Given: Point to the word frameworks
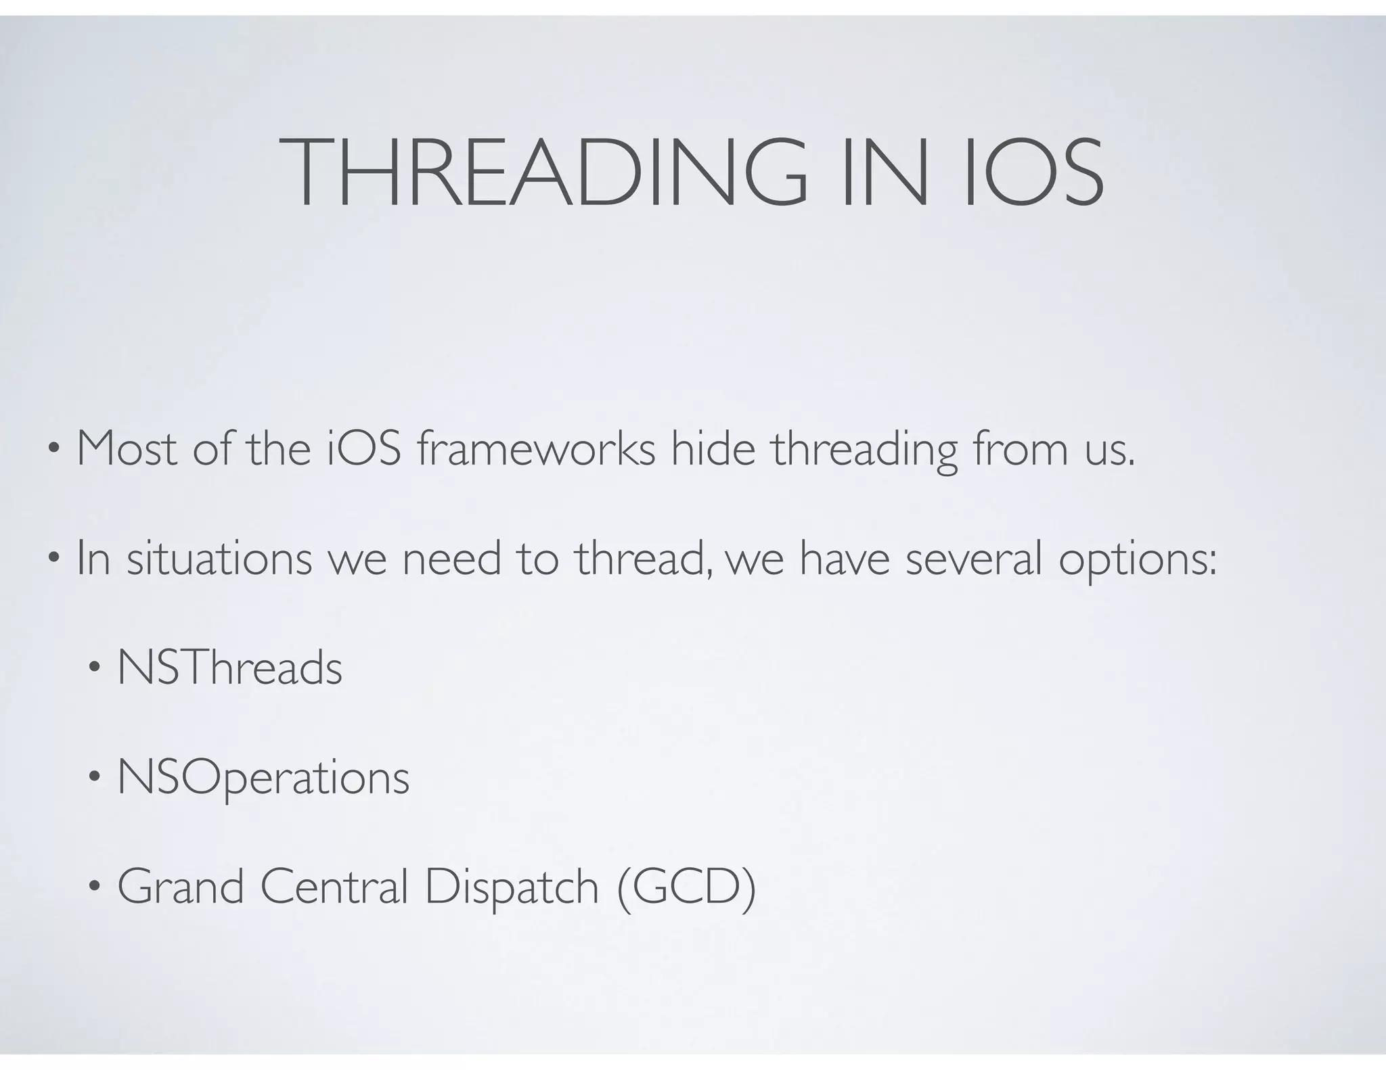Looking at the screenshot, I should pyautogui.click(x=536, y=448).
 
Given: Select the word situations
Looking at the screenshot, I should pyautogui.click(x=219, y=559).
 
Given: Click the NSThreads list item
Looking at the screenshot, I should pyautogui.click(x=229, y=668).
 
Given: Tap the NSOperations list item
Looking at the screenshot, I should pyautogui.click(x=263, y=778).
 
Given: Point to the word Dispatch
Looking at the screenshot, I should pyautogui.click(x=512, y=888).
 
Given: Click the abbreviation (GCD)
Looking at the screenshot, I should pyautogui.click(x=686, y=888).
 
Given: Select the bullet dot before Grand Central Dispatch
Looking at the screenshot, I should pyautogui.click(x=94, y=887).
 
